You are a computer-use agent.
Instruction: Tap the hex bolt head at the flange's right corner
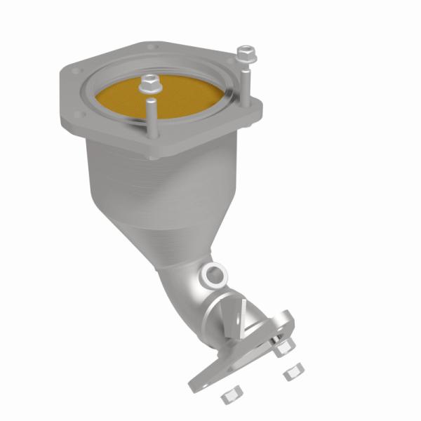tap(243, 53)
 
